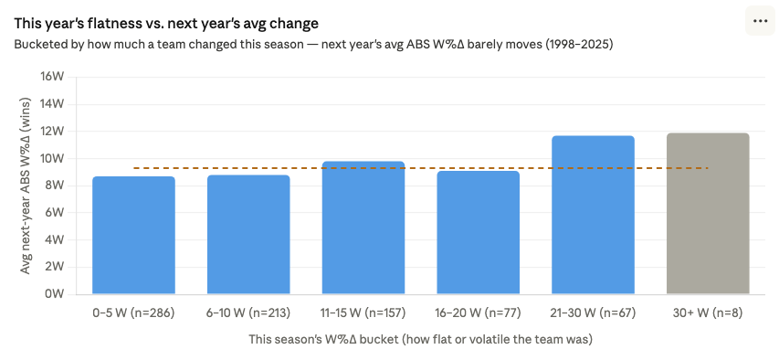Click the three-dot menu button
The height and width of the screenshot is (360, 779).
[x=760, y=21]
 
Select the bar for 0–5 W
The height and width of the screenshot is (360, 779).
[x=133, y=236]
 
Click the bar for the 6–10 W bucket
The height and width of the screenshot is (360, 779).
[x=248, y=235]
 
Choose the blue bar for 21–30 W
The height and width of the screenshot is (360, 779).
[x=593, y=216]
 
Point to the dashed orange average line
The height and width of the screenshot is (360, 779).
[x=420, y=168]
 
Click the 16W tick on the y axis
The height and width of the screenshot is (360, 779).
[x=52, y=77]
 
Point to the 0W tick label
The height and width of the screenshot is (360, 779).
[x=55, y=294]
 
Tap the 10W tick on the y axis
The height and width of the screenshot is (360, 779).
[x=52, y=158]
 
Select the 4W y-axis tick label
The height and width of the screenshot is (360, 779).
[x=55, y=240]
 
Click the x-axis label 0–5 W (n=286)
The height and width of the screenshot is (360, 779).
[x=133, y=312]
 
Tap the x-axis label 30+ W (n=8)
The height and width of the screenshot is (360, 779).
[x=708, y=312]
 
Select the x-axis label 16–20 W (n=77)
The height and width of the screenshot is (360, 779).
[x=478, y=312]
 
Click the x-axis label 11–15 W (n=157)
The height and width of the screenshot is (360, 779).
[x=363, y=312]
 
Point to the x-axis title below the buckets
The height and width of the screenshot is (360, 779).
[x=421, y=340]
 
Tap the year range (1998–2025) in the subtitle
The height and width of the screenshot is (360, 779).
[x=574, y=43]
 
